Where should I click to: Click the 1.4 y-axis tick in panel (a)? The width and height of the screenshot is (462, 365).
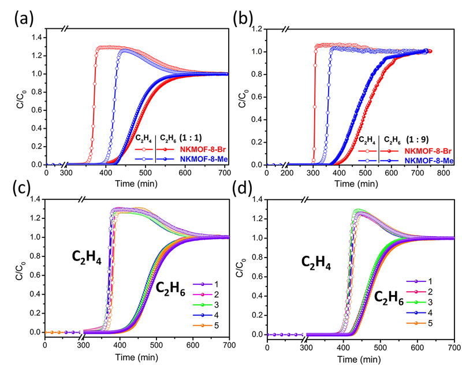(37, 38)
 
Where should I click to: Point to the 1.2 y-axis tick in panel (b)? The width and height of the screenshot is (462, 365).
(262, 28)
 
